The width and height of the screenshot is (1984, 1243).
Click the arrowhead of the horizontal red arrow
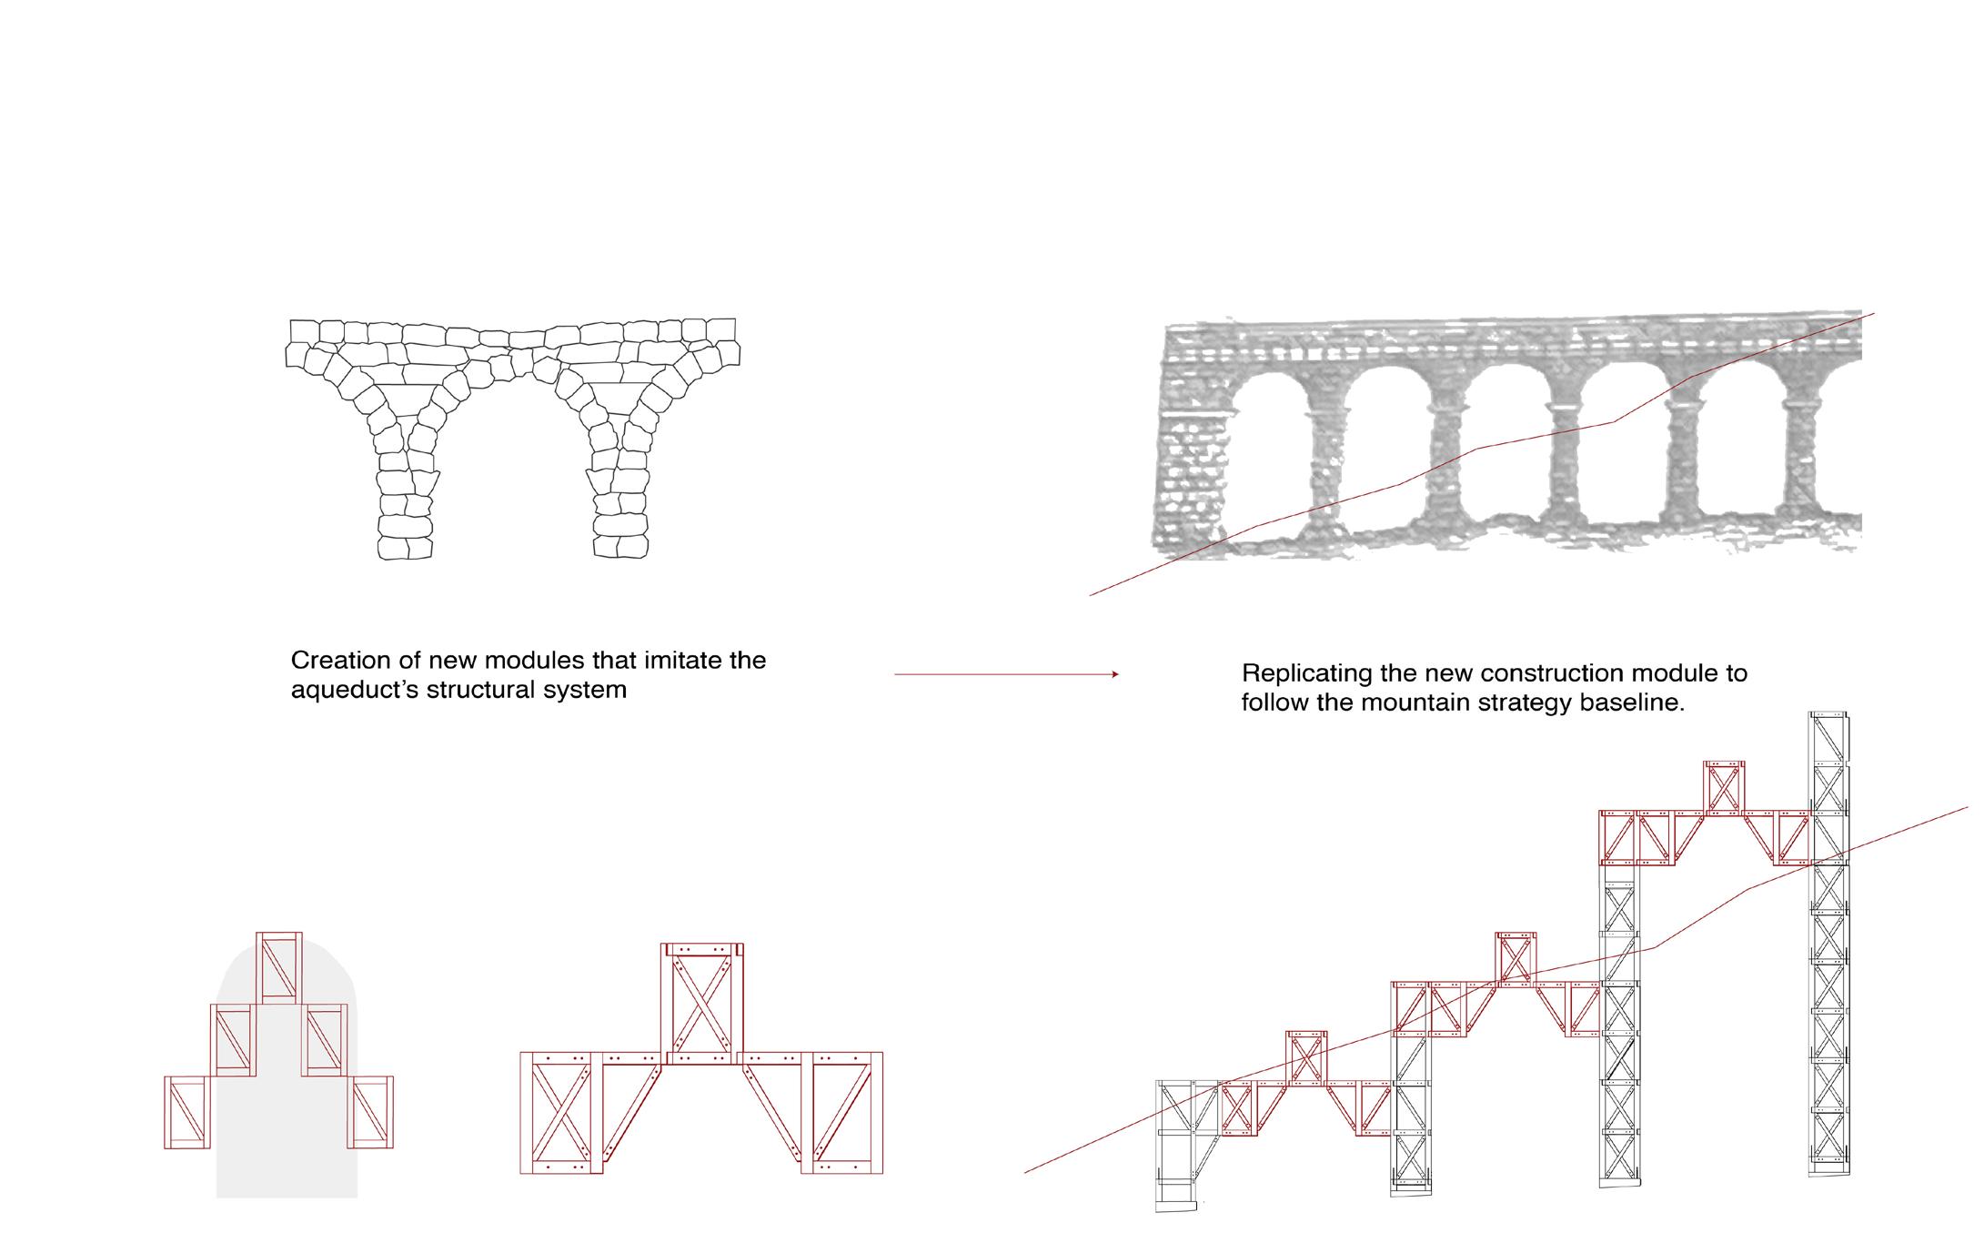tap(1114, 674)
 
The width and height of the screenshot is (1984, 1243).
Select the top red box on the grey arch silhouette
tap(279, 968)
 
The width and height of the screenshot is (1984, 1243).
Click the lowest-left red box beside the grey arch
tap(187, 1112)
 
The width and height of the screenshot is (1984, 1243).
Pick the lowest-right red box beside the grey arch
tap(371, 1112)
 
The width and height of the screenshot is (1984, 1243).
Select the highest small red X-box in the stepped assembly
tap(1724, 786)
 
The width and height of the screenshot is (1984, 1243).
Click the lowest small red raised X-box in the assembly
tap(1306, 1057)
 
